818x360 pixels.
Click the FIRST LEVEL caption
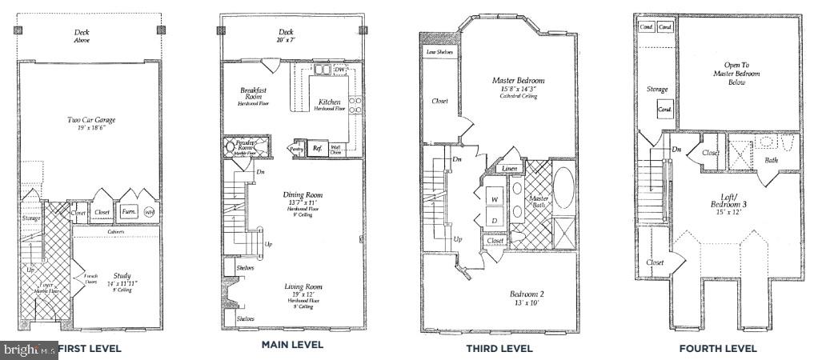(89, 348)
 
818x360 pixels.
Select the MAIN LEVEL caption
(292, 345)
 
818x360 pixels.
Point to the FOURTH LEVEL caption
(717, 348)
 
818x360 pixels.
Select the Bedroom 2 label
(527, 298)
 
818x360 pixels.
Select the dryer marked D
(494, 219)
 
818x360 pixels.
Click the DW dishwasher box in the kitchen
(340, 70)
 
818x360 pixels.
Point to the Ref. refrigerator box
(317, 147)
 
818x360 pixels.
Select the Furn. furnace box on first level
(128, 212)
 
